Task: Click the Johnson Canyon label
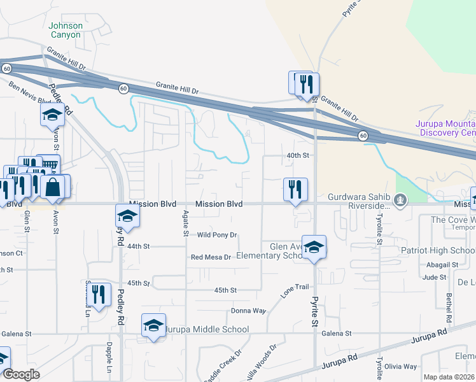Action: [65, 30]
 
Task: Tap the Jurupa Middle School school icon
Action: [154, 325]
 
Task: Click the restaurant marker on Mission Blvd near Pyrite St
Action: [295, 190]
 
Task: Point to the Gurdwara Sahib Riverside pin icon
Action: [400, 202]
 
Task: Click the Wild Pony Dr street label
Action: [216, 235]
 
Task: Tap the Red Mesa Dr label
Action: [213, 257]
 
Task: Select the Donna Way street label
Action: [248, 311]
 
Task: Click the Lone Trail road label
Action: [295, 291]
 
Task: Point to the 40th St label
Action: [297, 155]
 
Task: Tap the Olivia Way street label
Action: [401, 367]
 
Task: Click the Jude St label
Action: [434, 277]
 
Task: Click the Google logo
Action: [21, 374]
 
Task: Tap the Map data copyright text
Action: [449, 377]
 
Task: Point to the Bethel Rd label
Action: [449, 308]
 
